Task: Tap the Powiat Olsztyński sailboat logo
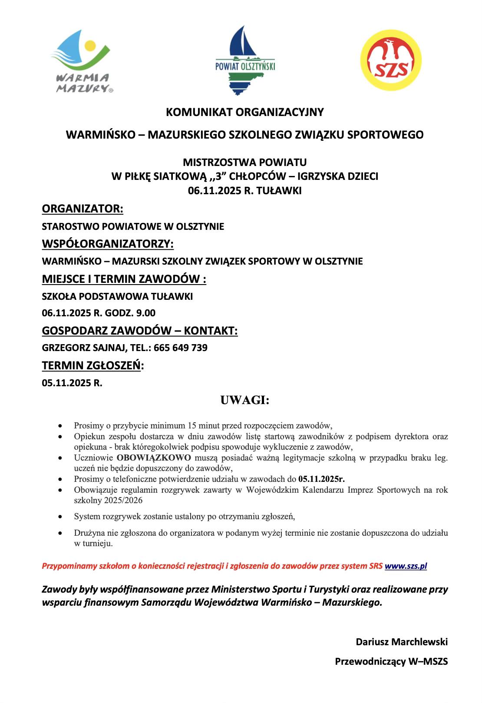(245, 61)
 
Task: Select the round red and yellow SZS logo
(391, 60)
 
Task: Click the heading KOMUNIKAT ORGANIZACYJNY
(244, 112)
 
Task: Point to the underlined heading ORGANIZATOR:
(83, 209)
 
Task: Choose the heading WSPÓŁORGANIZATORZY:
(108, 244)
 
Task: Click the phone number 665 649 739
(180, 348)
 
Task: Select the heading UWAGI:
(245, 400)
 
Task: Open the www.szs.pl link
(406, 566)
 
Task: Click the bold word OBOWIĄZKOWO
(154, 458)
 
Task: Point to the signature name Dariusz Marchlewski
(402, 642)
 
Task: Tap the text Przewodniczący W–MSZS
(391, 662)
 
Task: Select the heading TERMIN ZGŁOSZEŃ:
(92, 366)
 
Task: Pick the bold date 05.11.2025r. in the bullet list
(321, 479)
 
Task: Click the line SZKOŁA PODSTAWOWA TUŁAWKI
(117, 297)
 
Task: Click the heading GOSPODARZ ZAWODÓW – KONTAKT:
(140, 331)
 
